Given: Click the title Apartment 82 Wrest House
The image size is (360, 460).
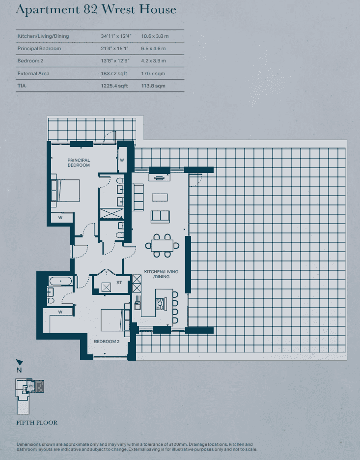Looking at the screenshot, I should [95, 10].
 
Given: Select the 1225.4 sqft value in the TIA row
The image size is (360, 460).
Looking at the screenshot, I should [111, 86].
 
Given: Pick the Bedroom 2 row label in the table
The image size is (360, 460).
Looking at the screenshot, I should [30, 61].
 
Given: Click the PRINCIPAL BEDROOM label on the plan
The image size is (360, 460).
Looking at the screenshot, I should [79, 163].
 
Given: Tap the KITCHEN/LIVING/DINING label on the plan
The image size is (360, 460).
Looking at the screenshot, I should [161, 274].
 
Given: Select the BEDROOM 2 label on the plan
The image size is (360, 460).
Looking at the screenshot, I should [107, 342].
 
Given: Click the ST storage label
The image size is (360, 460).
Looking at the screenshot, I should [119, 283].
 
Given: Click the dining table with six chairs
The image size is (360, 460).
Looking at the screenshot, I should [162, 245].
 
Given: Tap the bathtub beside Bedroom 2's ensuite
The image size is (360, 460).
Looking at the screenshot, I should [60, 281].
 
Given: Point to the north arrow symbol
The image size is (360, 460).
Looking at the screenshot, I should [19, 363].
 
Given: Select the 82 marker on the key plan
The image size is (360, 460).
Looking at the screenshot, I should [31, 387].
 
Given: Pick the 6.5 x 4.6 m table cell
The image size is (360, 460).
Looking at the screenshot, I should [153, 49].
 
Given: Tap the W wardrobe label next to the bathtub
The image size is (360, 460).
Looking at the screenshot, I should [60, 312].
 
